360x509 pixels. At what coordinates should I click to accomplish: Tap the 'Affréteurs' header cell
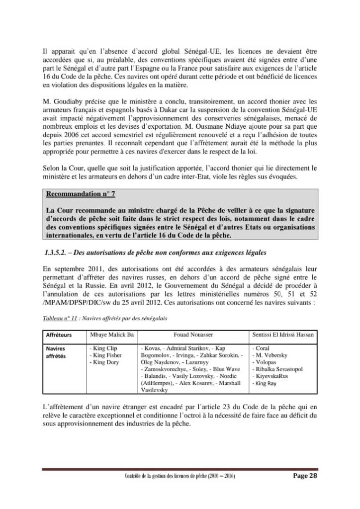click(x=58, y=336)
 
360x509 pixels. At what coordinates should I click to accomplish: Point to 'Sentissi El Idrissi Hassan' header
click(x=283, y=336)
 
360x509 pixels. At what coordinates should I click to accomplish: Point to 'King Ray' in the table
click(x=267, y=384)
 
